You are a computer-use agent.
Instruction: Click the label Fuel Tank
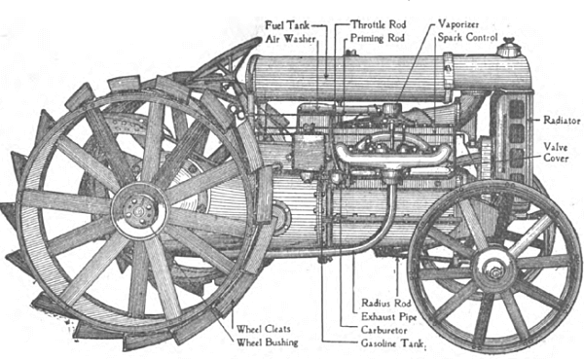[287, 23]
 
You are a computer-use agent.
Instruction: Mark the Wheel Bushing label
[268, 342]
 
